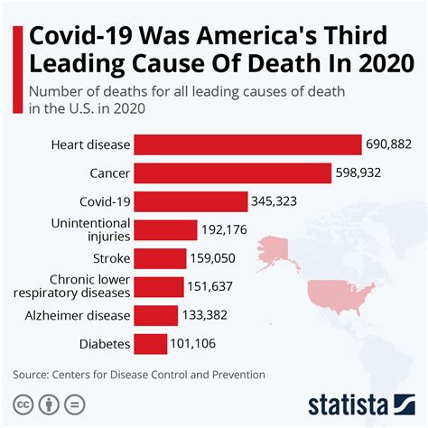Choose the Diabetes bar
click(x=151, y=344)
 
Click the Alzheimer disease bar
click(x=156, y=315)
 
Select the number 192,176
click(x=228, y=230)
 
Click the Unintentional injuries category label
click(x=90, y=229)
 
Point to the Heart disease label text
click(x=91, y=144)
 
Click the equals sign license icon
click(x=75, y=402)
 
